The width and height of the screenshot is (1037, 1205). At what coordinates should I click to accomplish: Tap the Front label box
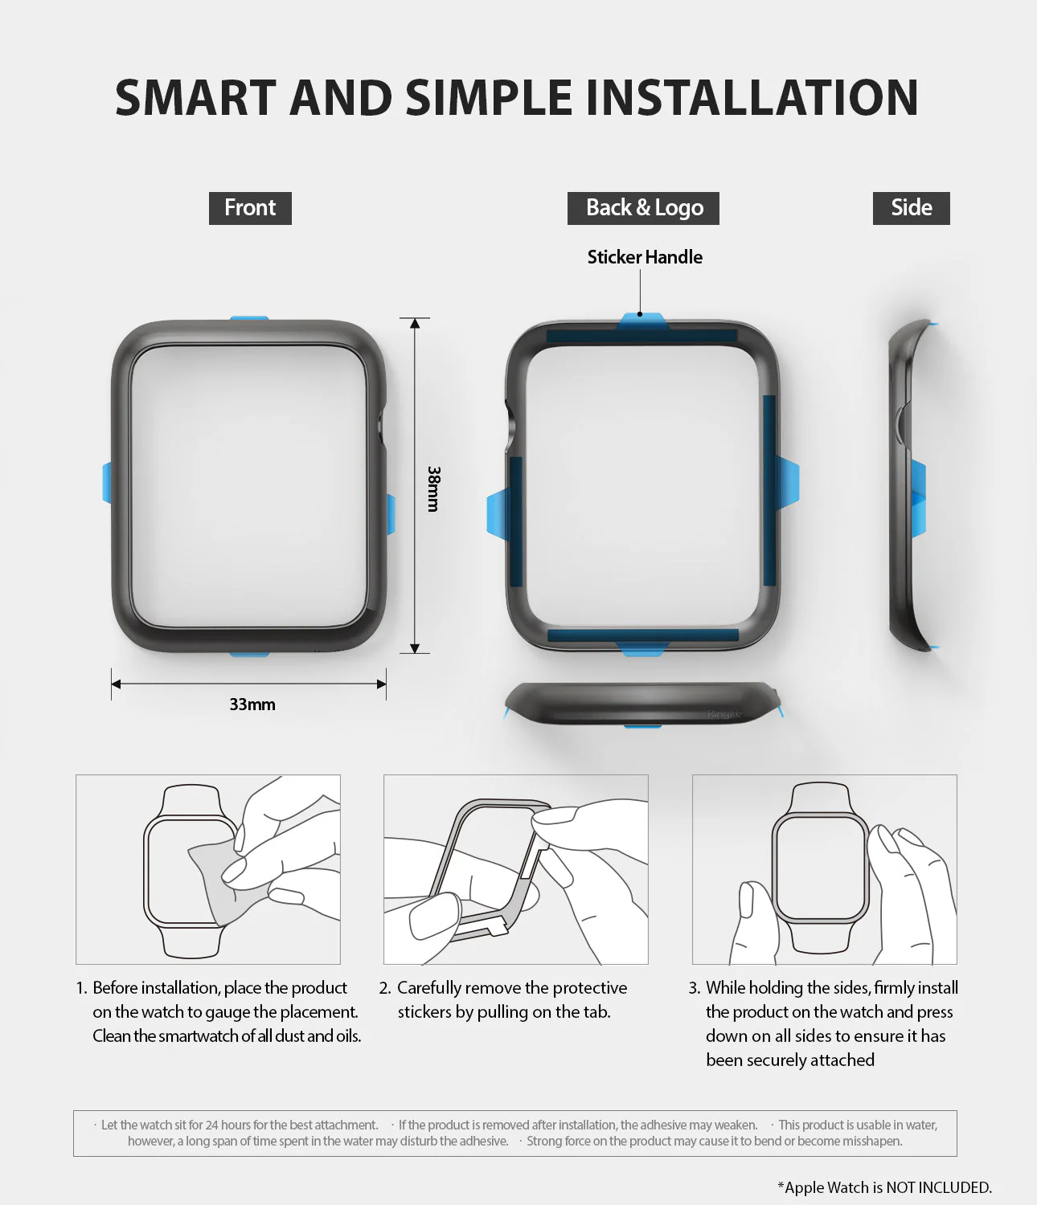click(x=250, y=208)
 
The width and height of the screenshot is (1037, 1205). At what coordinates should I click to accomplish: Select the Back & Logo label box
click(x=643, y=208)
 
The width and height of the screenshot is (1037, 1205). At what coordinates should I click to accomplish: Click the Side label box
click(x=911, y=208)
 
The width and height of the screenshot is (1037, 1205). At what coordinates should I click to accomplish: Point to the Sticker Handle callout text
click(x=645, y=257)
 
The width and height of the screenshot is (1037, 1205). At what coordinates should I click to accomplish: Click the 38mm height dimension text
click(x=434, y=488)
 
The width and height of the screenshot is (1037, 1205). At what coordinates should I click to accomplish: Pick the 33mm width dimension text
click(x=252, y=705)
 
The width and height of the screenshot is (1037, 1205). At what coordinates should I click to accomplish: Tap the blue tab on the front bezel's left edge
click(x=107, y=483)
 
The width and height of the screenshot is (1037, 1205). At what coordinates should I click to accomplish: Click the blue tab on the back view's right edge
click(x=788, y=482)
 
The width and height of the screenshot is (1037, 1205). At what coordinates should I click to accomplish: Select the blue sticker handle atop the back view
click(x=642, y=321)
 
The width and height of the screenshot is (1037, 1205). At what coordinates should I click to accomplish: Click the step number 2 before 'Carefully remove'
click(x=384, y=988)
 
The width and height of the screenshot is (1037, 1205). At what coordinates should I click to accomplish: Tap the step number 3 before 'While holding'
click(x=694, y=988)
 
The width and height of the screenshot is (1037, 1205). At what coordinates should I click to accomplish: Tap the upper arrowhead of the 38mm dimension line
click(x=415, y=323)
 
